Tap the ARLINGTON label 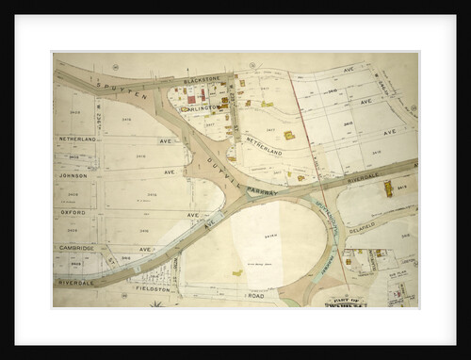tap(202, 108)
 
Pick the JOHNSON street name tap(73, 175)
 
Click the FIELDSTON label tap(154, 290)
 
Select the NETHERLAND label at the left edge tap(77, 139)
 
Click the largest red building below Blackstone tap(192, 99)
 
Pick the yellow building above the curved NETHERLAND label tap(288, 136)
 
